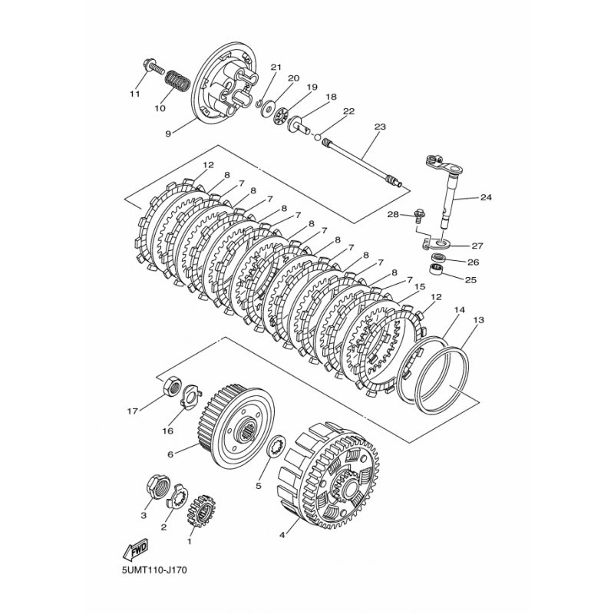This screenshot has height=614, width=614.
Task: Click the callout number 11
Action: tap(135, 94)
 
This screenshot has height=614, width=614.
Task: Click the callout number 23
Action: tap(380, 127)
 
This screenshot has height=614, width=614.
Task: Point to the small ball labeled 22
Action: tap(318, 137)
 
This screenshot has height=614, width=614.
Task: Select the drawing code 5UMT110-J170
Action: tap(153, 580)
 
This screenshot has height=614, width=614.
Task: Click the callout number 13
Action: tap(478, 320)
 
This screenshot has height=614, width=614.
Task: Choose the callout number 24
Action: tap(486, 198)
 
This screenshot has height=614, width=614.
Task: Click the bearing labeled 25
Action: tap(437, 270)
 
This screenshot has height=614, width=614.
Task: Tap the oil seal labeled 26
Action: tap(437, 258)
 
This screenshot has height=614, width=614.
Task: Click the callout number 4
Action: tap(282, 535)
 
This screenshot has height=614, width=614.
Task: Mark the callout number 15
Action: tap(419, 287)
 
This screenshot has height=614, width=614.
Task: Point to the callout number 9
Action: tap(168, 134)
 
